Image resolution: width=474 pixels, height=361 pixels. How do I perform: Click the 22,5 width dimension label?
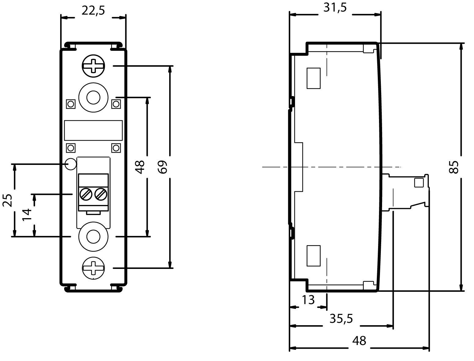click(93, 11)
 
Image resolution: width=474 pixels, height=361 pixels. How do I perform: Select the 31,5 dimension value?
click(335, 8)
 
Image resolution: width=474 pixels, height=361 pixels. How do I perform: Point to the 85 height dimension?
click(454, 167)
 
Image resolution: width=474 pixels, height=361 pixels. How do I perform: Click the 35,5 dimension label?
click(341, 319)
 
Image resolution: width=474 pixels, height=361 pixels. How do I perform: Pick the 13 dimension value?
click(308, 300)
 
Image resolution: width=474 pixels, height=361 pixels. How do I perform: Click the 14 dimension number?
click(27, 214)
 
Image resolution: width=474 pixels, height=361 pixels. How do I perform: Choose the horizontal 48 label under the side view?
click(359, 341)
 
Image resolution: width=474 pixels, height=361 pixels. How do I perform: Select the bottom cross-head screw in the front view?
click(93, 268)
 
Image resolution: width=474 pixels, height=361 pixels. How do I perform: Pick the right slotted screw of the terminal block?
click(100, 194)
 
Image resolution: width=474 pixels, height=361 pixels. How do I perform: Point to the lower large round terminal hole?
click(93, 236)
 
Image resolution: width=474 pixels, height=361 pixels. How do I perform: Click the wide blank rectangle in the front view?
click(93, 130)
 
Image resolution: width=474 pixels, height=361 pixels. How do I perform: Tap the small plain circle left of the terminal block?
click(71, 164)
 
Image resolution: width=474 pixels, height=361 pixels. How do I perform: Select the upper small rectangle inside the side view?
click(313, 78)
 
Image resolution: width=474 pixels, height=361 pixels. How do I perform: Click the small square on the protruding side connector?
click(418, 183)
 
